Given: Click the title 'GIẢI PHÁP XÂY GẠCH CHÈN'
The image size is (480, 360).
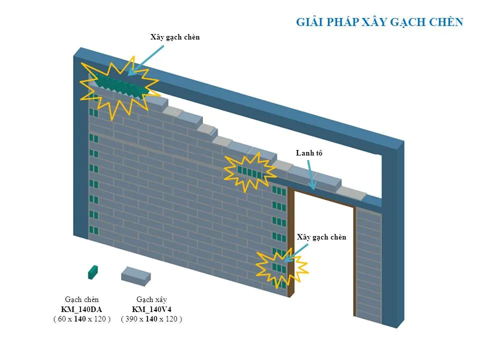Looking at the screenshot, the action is (x=379, y=22).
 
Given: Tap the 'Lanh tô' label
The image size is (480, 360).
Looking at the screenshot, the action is (x=309, y=153).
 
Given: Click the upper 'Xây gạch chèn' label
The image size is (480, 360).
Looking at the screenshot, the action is (x=175, y=37).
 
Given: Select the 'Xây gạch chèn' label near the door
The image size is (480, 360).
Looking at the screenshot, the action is (x=321, y=237).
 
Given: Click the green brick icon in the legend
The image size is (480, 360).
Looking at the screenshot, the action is (x=93, y=272).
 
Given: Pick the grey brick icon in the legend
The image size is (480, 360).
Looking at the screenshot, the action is (x=136, y=276).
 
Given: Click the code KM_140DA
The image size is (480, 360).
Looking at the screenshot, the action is (x=81, y=309).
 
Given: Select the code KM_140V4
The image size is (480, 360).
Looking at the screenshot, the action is (x=151, y=309).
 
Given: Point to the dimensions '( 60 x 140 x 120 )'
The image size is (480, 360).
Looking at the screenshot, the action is (x=81, y=319).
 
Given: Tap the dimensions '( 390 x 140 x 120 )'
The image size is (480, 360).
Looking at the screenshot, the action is (x=151, y=319).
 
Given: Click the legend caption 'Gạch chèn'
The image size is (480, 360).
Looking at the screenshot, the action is (x=81, y=299).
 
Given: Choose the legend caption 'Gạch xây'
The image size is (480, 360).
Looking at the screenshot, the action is (x=151, y=299).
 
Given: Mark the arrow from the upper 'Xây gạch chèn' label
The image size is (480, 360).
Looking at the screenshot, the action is (x=145, y=60).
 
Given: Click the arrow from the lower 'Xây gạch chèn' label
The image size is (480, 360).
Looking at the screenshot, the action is (x=295, y=253).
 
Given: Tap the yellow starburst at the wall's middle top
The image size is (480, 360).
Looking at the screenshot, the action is (x=250, y=171).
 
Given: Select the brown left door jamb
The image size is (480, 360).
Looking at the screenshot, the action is (x=291, y=243).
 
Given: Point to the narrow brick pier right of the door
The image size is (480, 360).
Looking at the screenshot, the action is (x=369, y=265).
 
